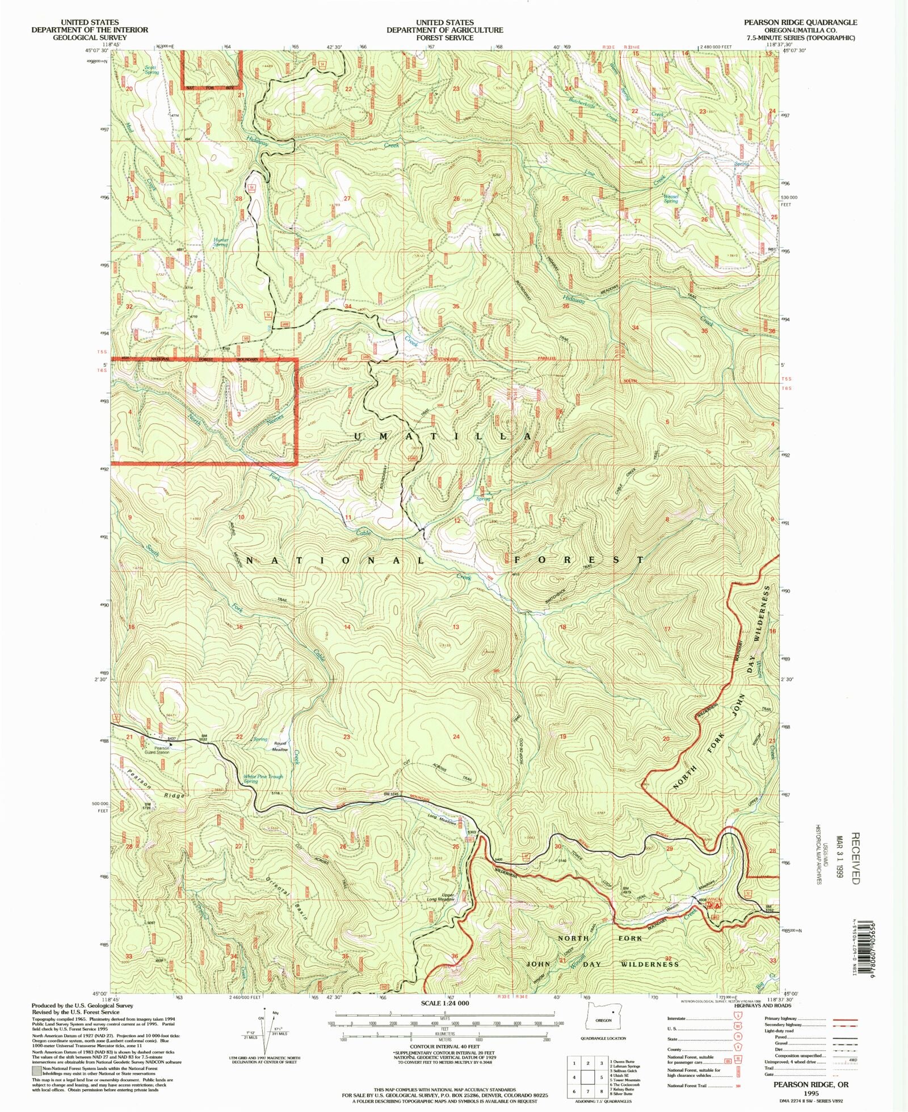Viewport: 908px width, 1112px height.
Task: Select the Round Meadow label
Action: click(x=280, y=747)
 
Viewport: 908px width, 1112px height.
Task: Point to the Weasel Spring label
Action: click(x=671, y=199)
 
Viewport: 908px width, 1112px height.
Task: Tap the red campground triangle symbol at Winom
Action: click(x=718, y=906)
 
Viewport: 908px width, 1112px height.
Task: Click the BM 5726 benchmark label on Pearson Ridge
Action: click(x=147, y=806)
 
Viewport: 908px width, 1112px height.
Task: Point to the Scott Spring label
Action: click(x=151, y=70)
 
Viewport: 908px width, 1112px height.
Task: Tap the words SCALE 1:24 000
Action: click(x=445, y=1003)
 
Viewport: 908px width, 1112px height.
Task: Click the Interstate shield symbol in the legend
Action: click(x=738, y=1018)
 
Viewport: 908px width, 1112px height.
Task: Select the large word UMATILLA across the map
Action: click(x=442, y=436)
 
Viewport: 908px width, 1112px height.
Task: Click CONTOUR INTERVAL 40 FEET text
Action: click(x=445, y=1046)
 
